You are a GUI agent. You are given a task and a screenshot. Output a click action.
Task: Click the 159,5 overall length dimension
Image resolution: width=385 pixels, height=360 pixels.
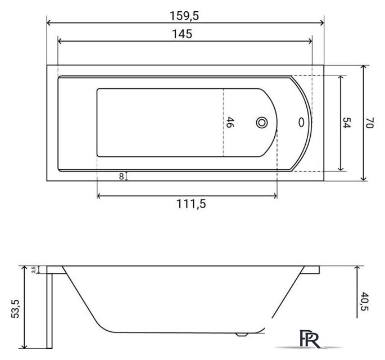click(184, 16)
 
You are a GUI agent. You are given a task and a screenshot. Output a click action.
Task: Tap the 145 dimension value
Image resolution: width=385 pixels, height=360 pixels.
click(182, 34)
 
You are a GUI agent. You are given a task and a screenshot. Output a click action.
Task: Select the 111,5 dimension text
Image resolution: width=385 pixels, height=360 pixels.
click(191, 204)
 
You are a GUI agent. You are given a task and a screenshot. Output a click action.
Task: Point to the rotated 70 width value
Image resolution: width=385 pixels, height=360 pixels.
click(370, 123)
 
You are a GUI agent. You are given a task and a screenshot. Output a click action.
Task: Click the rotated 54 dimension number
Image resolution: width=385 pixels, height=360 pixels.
click(347, 123)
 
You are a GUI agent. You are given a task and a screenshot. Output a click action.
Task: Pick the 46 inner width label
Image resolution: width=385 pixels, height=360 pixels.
click(229, 122)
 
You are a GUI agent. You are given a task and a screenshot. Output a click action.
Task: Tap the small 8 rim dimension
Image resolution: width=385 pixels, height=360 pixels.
click(121, 177)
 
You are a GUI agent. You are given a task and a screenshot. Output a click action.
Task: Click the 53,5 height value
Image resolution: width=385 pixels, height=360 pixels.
click(15, 309)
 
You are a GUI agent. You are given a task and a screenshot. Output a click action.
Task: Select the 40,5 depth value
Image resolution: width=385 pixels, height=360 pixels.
click(365, 301)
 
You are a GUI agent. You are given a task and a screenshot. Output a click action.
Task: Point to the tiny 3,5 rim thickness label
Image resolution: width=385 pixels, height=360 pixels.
click(34, 269)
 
